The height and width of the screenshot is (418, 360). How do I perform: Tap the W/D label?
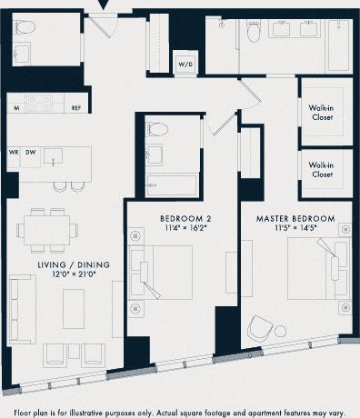[185, 65]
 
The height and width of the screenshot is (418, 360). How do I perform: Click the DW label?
[31, 152]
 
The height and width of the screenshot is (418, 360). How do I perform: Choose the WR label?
[15, 152]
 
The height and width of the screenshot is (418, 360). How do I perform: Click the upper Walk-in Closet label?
[325, 112]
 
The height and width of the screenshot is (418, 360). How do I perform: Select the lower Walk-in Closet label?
[325, 170]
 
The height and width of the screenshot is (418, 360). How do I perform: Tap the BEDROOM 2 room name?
[185, 219]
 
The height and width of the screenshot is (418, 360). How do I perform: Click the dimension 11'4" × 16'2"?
[185, 230]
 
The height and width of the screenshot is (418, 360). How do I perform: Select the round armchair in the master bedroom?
[263, 332]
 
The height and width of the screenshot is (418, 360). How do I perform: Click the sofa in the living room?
[21, 304]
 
